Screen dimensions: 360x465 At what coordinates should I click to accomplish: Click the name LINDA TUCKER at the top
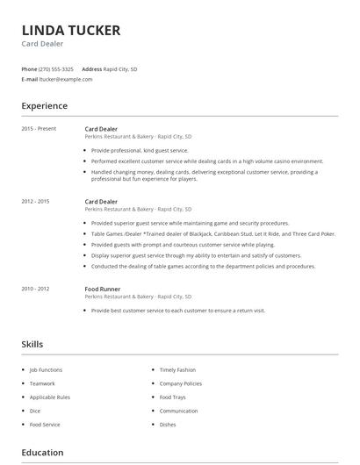point(70,31)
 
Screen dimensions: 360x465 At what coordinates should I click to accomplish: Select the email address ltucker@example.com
point(66,79)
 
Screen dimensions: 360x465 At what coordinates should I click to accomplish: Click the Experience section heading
point(44,106)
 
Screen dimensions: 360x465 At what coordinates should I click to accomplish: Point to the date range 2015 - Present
point(39,129)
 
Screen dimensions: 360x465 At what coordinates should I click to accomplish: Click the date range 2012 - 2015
point(35,202)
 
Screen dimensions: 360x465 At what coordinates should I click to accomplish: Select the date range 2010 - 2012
point(35,289)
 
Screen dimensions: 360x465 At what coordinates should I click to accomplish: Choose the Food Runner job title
point(104,289)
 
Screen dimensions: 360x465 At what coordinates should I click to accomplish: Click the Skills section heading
point(32,345)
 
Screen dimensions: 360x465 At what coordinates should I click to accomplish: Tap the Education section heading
point(42,453)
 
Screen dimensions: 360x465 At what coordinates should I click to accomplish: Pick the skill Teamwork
point(42,383)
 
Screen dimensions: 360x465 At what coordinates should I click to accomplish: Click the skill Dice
point(35,411)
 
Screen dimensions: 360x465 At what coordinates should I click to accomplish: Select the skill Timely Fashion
point(177,369)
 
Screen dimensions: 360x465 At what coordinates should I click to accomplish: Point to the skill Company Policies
point(181,383)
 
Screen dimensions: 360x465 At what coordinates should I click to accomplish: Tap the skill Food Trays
point(172,397)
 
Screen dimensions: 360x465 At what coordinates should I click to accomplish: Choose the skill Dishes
point(168,425)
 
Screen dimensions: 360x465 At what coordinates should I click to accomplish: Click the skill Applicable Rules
point(49,397)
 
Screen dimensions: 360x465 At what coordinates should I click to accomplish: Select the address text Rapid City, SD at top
point(120,68)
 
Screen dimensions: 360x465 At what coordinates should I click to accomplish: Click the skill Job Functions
point(46,369)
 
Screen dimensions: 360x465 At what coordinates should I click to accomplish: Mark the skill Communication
point(178,411)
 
